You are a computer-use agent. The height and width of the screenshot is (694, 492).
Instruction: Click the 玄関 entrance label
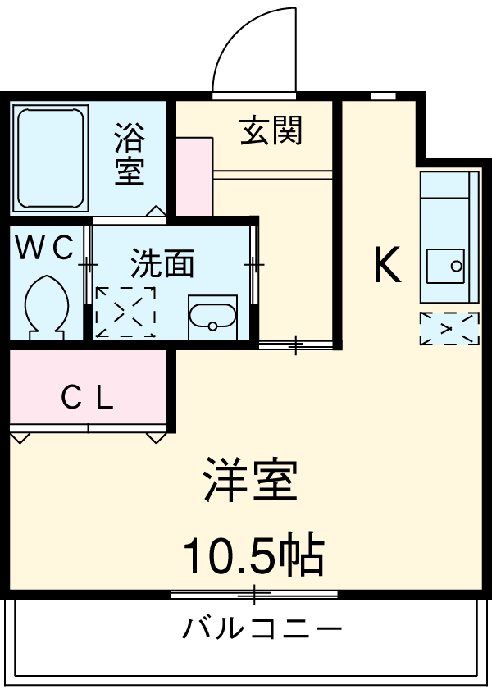(271, 130)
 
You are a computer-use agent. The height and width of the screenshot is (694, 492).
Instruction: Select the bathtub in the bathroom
(51, 158)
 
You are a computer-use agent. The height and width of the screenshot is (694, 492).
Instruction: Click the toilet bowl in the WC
(45, 305)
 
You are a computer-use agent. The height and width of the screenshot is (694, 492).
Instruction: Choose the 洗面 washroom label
(162, 264)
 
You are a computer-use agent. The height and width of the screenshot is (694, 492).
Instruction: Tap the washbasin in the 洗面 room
(212, 316)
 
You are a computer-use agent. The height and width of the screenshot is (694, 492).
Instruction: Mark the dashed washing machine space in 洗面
(125, 312)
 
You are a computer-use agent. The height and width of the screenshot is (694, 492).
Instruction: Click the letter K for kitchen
(387, 265)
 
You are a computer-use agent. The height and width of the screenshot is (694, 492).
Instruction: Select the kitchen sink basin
(446, 265)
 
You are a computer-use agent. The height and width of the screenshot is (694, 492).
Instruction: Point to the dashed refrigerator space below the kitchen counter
(449, 328)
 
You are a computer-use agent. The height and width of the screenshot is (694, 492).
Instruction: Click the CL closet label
(88, 398)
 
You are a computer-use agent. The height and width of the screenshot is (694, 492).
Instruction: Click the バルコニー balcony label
(261, 629)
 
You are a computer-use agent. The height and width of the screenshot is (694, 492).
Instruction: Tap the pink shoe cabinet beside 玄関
(194, 177)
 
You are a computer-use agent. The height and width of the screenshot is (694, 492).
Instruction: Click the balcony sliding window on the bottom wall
(254, 591)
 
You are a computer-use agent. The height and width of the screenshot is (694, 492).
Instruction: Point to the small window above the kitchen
(382, 96)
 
